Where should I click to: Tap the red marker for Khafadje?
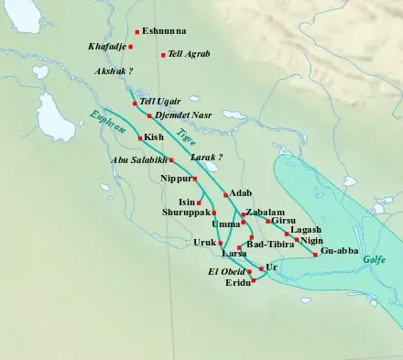point(131,46)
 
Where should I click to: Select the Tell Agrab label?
point(190,55)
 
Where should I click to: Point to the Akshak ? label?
point(114,71)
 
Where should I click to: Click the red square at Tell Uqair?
point(135,103)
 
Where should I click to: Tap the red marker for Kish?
point(139,137)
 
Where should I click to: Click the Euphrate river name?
point(109,129)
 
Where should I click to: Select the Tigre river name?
point(186,136)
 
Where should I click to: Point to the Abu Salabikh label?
point(137,160)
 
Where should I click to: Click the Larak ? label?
point(206,158)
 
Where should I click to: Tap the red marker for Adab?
point(225,195)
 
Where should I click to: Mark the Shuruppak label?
point(186,213)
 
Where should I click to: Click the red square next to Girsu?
point(267,221)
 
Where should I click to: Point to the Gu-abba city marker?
point(316,255)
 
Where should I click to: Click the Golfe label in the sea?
point(376,260)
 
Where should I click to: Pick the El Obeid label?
point(226,272)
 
